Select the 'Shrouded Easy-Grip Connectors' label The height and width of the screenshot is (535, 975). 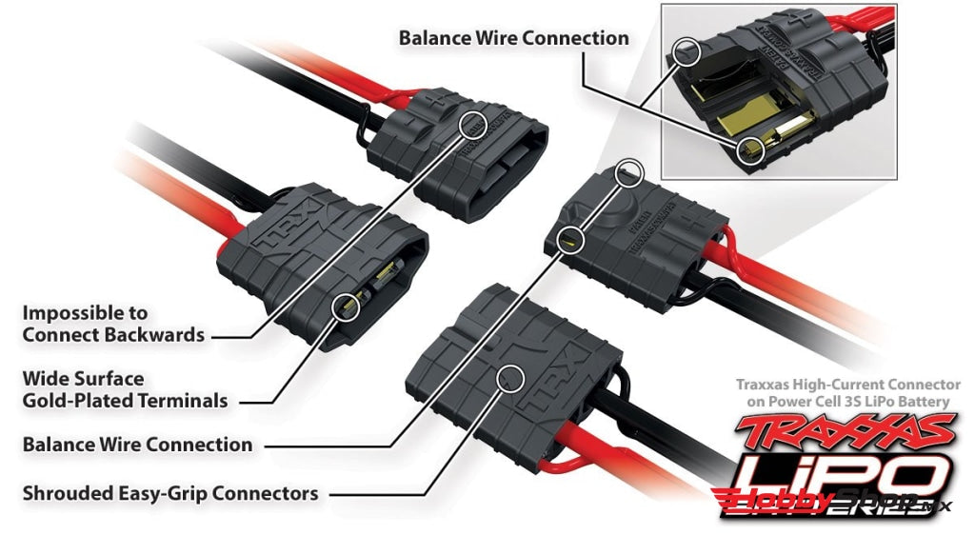click(170, 494)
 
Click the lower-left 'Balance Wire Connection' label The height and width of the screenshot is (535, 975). click(137, 445)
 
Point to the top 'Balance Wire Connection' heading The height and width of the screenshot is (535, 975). click(513, 38)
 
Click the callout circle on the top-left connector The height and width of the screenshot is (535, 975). click(473, 125)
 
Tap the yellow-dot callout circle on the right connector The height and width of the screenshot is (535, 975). click(570, 238)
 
